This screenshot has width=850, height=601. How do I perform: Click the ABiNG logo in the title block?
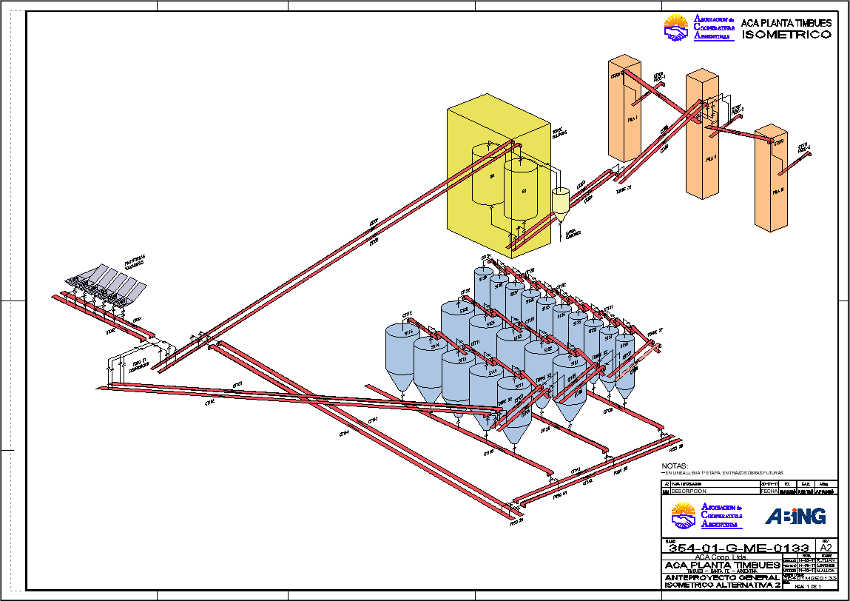coord(795,516)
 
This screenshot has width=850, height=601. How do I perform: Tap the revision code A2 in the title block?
coord(826,548)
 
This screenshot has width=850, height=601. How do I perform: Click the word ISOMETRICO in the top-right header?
coord(786,35)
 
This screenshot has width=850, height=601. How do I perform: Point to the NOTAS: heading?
coord(674,466)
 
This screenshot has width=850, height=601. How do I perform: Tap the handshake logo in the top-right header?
coord(676,28)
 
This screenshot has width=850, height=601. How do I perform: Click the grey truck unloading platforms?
coord(107,285)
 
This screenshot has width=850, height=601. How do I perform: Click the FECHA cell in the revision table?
coord(769,491)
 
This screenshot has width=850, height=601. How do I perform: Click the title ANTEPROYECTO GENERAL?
coord(721,577)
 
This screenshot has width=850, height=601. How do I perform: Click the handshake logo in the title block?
coord(684,514)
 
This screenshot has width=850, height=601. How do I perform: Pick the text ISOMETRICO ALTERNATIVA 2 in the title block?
coord(721,585)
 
